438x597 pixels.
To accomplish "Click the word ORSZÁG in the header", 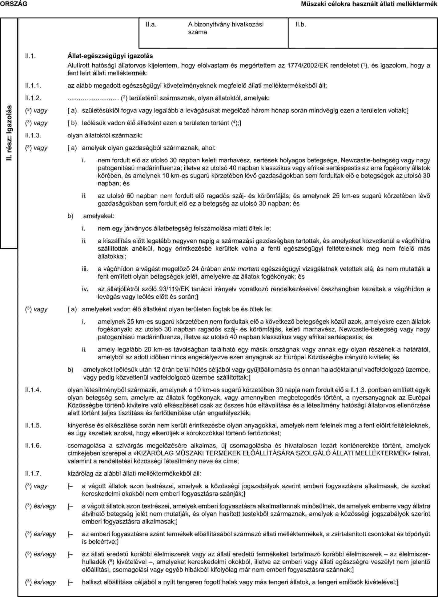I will tap(13, 4).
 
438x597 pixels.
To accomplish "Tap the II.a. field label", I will tap(151, 25).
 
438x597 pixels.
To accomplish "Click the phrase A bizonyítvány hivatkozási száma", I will tap(226, 28).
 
